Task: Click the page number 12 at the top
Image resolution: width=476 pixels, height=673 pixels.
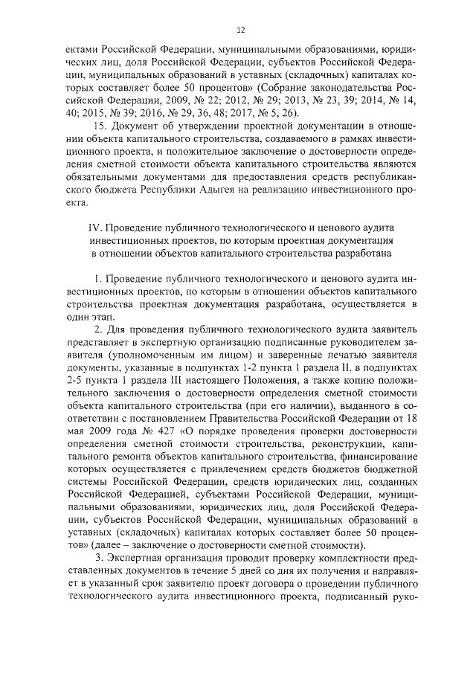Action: point(240,30)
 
